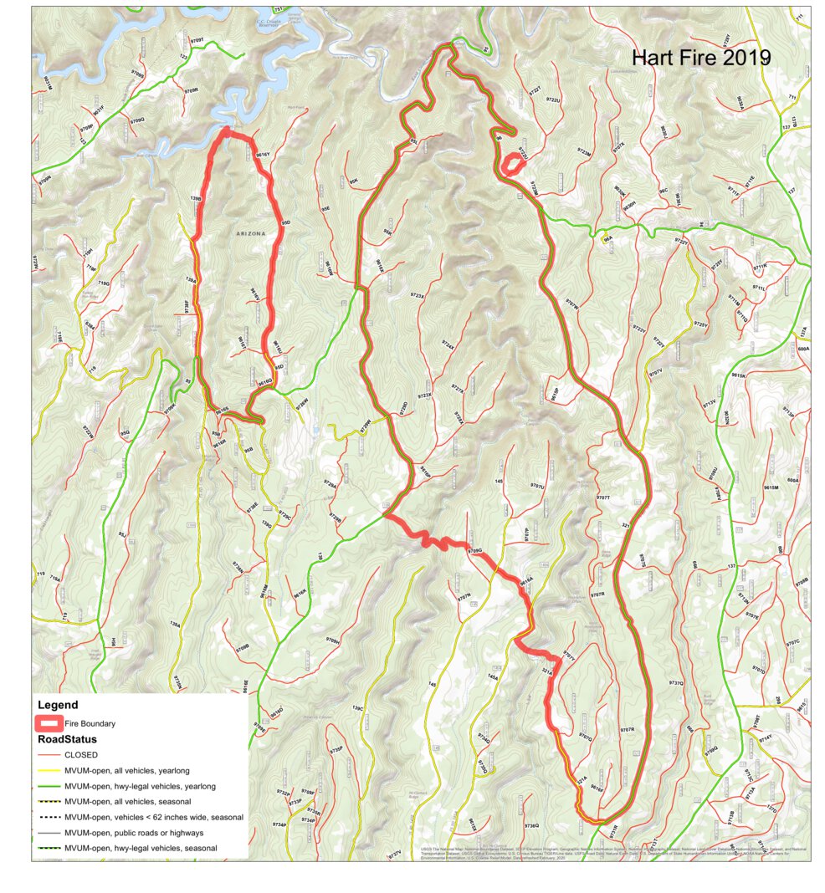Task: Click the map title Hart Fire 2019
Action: click(699, 58)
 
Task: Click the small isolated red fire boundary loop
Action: click(512, 164)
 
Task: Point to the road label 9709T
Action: click(197, 39)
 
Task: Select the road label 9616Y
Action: click(264, 155)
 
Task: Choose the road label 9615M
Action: click(771, 487)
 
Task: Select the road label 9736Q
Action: click(531, 826)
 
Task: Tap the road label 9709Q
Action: click(137, 120)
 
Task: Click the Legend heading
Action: click(58, 705)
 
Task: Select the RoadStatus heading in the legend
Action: click(67, 739)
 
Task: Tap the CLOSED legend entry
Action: click(80, 755)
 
